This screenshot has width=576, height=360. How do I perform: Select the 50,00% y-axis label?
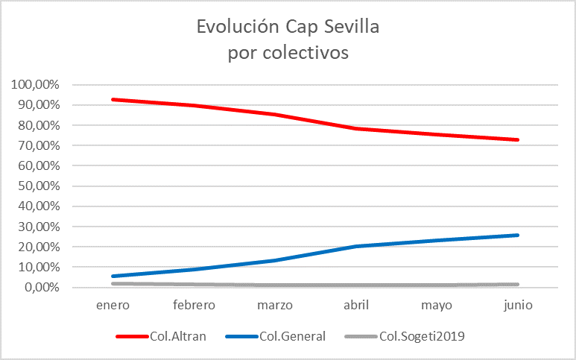pyautogui.click(x=38, y=186)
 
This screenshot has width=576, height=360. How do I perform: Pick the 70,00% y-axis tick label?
pyautogui.click(x=38, y=145)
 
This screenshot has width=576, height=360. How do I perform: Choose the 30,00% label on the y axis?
pyautogui.click(x=38, y=227)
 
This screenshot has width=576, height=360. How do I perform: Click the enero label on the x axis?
pyautogui.click(x=113, y=305)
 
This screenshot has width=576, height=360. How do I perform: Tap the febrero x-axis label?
pyautogui.click(x=194, y=305)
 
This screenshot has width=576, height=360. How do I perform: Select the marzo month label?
pyautogui.click(x=276, y=305)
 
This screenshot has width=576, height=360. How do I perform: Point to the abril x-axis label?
pyautogui.click(x=356, y=305)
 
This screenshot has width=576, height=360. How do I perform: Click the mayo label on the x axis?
pyautogui.click(x=437, y=305)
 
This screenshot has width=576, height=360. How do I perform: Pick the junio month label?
pyautogui.click(x=518, y=305)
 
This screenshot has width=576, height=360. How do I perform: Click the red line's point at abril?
pyautogui.click(x=356, y=128)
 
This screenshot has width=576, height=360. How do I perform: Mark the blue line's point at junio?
pyautogui.click(x=518, y=235)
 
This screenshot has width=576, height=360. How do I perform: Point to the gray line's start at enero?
pyautogui.click(x=113, y=283)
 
